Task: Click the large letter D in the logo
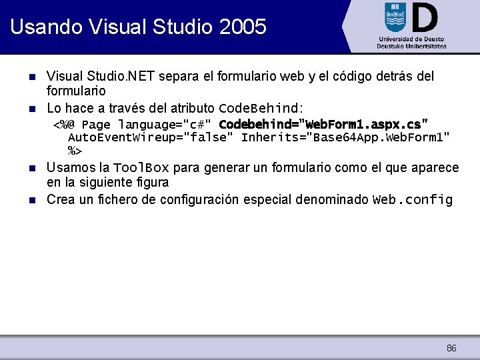point(425,17)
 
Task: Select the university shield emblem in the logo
point(395,17)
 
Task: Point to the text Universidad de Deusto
point(411,39)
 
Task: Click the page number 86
point(451,348)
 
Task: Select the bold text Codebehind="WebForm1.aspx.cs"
point(323,125)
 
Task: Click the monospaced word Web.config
point(413,200)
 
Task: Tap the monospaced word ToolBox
point(141,167)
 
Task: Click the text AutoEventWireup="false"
point(151,138)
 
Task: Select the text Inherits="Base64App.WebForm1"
point(345,138)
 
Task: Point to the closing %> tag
point(75,151)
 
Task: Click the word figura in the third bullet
point(151,182)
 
